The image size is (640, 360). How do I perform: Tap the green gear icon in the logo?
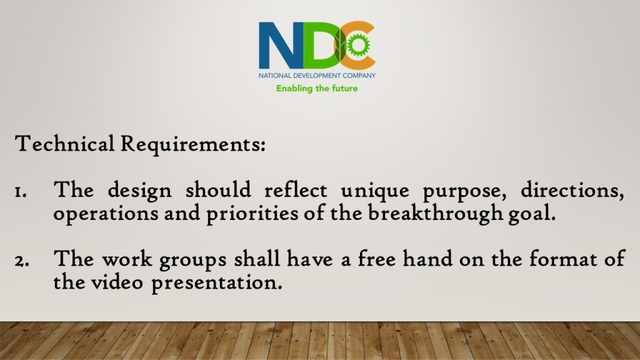[x=358, y=44]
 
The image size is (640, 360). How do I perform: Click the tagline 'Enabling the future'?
[x=317, y=89]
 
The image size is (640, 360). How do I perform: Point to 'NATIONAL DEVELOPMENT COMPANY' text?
[x=317, y=76]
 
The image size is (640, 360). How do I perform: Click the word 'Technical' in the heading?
[x=64, y=144]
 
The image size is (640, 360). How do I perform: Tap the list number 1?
[x=21, y=191]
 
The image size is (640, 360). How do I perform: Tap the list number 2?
[x=21, y=261]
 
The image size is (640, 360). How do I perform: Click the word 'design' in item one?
[x=139, y=191]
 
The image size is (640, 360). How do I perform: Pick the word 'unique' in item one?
[x=375, y=191]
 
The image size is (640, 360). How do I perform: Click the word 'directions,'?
[x=572, y=190]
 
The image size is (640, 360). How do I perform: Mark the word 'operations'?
[x=106, y=214]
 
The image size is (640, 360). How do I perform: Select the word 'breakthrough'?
[x=436, y=213]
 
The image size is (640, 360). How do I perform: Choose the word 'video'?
[x=117, y=282]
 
